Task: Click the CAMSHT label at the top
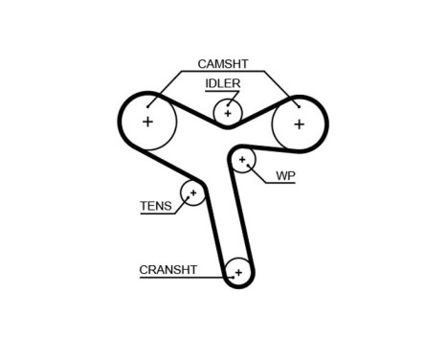222,64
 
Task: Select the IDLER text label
222,83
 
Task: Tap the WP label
284,176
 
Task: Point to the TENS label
155,206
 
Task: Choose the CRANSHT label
168,270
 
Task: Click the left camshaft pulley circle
147,123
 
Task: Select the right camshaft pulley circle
299,124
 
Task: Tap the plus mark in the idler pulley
228,113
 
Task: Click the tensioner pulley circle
193,193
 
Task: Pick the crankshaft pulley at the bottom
238,273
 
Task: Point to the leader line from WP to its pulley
258,175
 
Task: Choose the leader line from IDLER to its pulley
227,101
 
